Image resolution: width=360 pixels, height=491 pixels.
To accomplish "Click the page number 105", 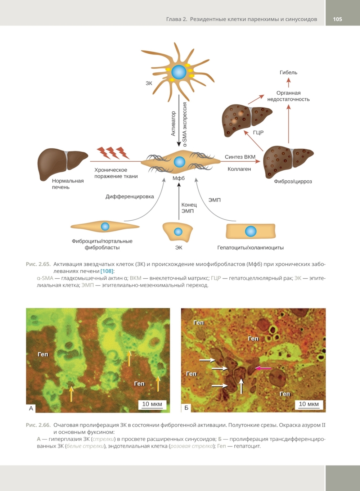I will click(337, 19).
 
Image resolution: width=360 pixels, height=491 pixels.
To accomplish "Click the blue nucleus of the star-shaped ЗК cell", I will click(179, 72).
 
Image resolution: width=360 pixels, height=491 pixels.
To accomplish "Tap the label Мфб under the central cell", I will click(179, 178).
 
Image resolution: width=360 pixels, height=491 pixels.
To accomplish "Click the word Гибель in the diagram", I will click(288, 72).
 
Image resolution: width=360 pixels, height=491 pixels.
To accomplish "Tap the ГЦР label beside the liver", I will click(258, 132).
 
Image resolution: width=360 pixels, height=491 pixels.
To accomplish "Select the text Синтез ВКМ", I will click(240, 157).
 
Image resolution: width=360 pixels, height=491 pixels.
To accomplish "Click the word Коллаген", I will click(239, 169).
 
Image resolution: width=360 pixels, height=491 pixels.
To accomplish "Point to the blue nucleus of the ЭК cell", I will click(178, 231).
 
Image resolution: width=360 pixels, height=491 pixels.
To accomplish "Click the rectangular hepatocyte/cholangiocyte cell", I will click(251, 231).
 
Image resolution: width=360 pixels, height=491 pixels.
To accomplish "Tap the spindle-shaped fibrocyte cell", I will click(105, 226).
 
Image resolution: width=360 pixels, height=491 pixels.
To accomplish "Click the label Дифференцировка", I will click(130, 197).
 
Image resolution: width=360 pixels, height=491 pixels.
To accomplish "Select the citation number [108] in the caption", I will click(107, 271).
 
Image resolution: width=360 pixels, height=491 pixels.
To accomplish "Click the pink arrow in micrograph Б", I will click(263, 368).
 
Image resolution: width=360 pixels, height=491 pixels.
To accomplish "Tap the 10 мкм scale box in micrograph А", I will click(152, 404).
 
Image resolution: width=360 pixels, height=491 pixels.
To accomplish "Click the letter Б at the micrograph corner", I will click(186, 408).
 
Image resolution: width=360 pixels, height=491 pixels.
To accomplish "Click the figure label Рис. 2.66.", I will click(38, 425).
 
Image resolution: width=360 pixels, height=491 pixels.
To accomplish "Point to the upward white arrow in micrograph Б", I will click(241, 386).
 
